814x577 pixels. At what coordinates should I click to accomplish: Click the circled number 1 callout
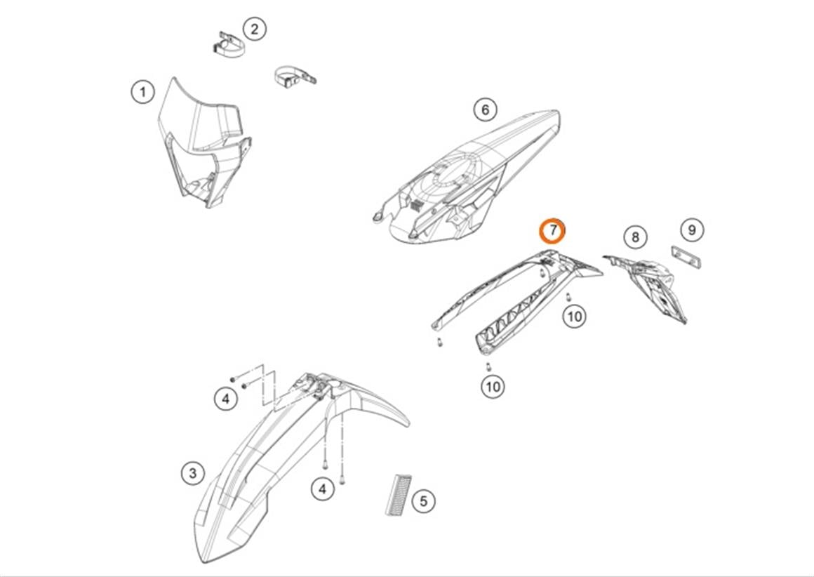click(142, 92)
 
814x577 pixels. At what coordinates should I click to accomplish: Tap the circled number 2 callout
click(254, 29)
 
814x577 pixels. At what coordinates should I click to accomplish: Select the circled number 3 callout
click(192, 473)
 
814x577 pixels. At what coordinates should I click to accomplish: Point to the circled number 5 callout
click(424, 501)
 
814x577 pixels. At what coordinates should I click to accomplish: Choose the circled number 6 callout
click(485, 110)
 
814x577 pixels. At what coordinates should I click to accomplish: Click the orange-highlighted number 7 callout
click(553, 231)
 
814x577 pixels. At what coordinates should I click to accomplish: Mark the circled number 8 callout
click(636, 237)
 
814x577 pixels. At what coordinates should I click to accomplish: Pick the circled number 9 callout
click(691, 230)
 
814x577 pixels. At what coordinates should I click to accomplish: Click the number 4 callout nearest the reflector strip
click(322, 489)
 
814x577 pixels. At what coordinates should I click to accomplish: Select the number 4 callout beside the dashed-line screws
click(226, 399)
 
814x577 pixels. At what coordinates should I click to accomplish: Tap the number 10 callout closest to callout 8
click(574, 316)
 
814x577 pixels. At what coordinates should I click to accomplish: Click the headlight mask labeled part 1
click(204, 142)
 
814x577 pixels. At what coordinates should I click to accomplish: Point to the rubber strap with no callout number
click(295, 77)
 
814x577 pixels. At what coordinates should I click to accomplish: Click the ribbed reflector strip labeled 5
click(398, 494)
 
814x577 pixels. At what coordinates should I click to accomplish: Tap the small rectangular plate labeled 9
click(686, 256)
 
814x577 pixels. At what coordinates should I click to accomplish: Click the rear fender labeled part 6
click(466, 177)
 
